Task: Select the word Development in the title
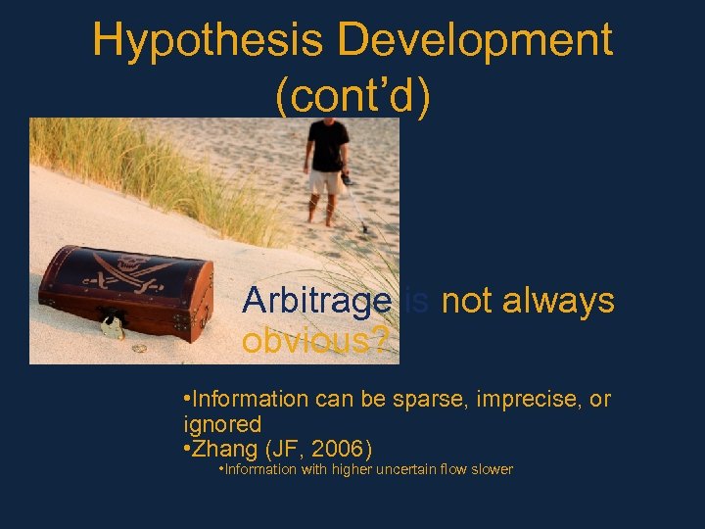[476, 41]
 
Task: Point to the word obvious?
[315, 342]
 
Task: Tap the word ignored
[222, 424]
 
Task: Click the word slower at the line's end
[491, 469]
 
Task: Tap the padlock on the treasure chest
[112, 327]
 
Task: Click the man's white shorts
[325, 181]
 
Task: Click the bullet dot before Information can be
[187, 400]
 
